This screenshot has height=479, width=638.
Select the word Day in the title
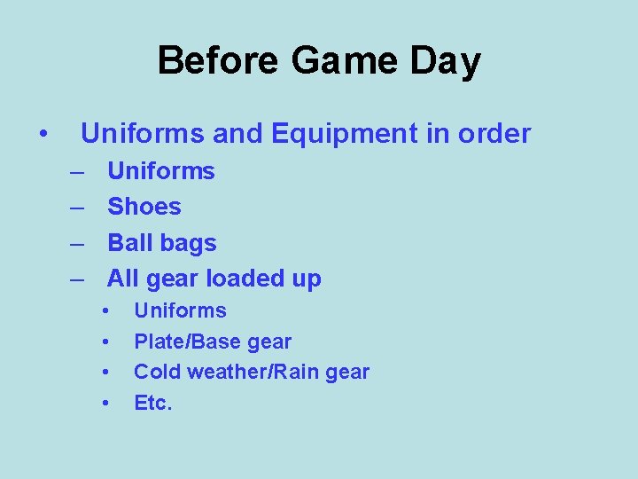coord(450,61)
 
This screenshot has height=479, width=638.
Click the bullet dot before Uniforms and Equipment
coord(43,135)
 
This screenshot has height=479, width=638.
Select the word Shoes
coord(144,207)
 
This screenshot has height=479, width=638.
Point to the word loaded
coord(245,279)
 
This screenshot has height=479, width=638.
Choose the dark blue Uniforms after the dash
coord(160,170)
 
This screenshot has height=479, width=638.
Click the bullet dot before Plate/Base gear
coord(105,342)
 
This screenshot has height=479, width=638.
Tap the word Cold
coord(153,373)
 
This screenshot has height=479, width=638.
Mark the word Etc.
coord(152,404)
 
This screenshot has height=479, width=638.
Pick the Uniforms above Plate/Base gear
coord(180,310)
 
